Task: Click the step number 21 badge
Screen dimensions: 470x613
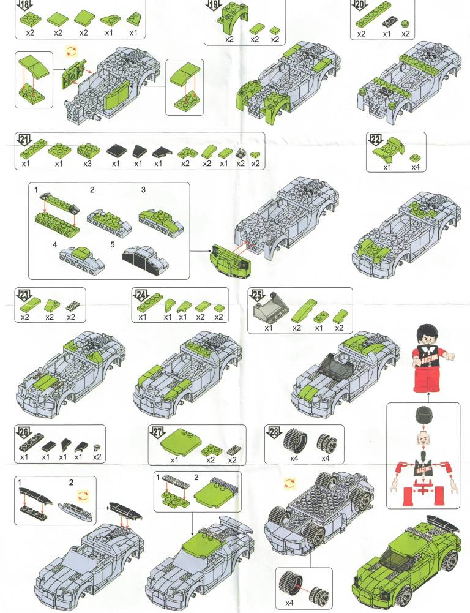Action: click(25, 140)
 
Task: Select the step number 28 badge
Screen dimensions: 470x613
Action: click(274, 432)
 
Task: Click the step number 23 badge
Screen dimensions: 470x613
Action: click(25, 295)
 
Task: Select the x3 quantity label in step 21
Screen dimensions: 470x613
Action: click(88, 164)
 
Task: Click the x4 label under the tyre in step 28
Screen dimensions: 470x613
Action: click(294, 458)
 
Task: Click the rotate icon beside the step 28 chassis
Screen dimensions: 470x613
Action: click(289, 483)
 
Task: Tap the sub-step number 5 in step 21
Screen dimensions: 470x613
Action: click(113, 244)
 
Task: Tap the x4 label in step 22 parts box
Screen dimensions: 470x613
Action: click(416, 167)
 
